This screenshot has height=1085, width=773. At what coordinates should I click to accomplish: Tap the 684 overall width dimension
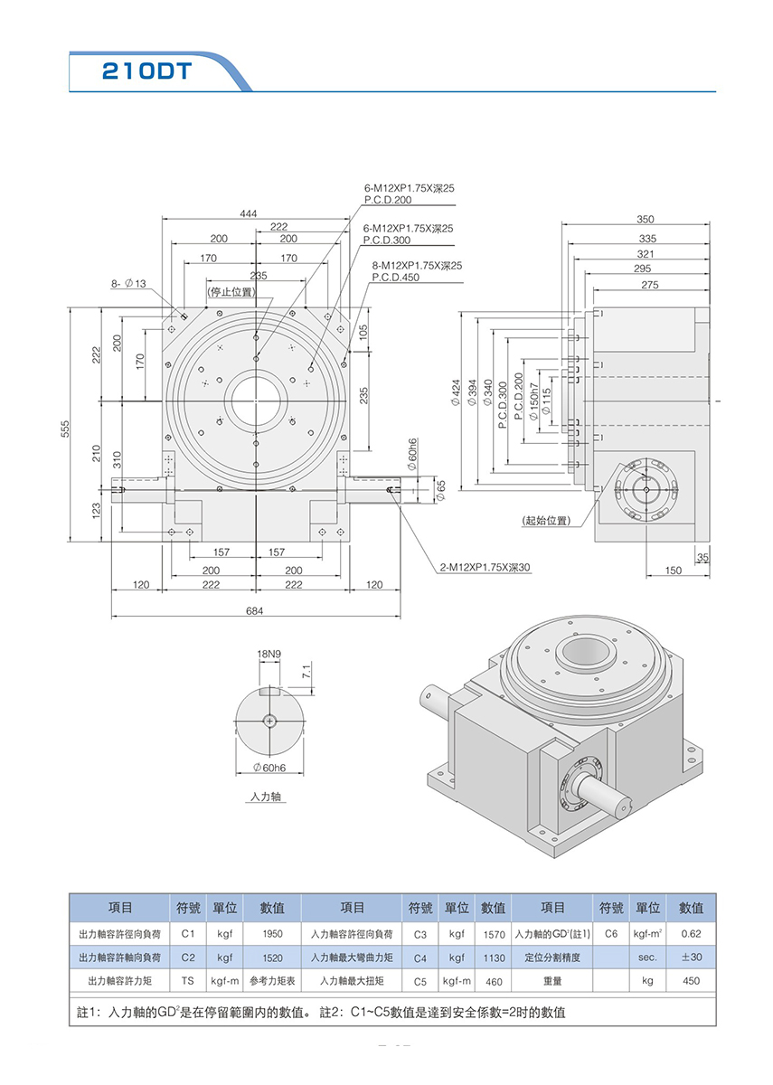click(255, 611)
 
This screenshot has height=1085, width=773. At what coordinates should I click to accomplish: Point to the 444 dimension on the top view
click(248, 213)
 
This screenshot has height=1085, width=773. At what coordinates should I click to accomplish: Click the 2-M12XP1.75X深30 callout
click(485, 569)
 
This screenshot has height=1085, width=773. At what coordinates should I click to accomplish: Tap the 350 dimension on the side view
click(646, 219)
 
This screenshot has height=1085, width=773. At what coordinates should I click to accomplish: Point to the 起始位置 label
click(546, 522)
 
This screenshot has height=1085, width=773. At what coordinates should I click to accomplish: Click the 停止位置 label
click(231, 292)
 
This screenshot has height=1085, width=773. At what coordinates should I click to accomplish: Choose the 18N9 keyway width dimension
click(269, 653)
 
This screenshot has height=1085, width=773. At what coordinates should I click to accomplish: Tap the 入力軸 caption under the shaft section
click(267, 798)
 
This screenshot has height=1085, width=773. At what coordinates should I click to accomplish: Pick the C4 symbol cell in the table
click(419, 958)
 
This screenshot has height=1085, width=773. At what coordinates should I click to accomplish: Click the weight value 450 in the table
click(691, 980)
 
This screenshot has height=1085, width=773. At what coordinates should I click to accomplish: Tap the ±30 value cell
click(691, 958)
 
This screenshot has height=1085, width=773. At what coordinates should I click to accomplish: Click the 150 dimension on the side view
click(673, 570)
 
